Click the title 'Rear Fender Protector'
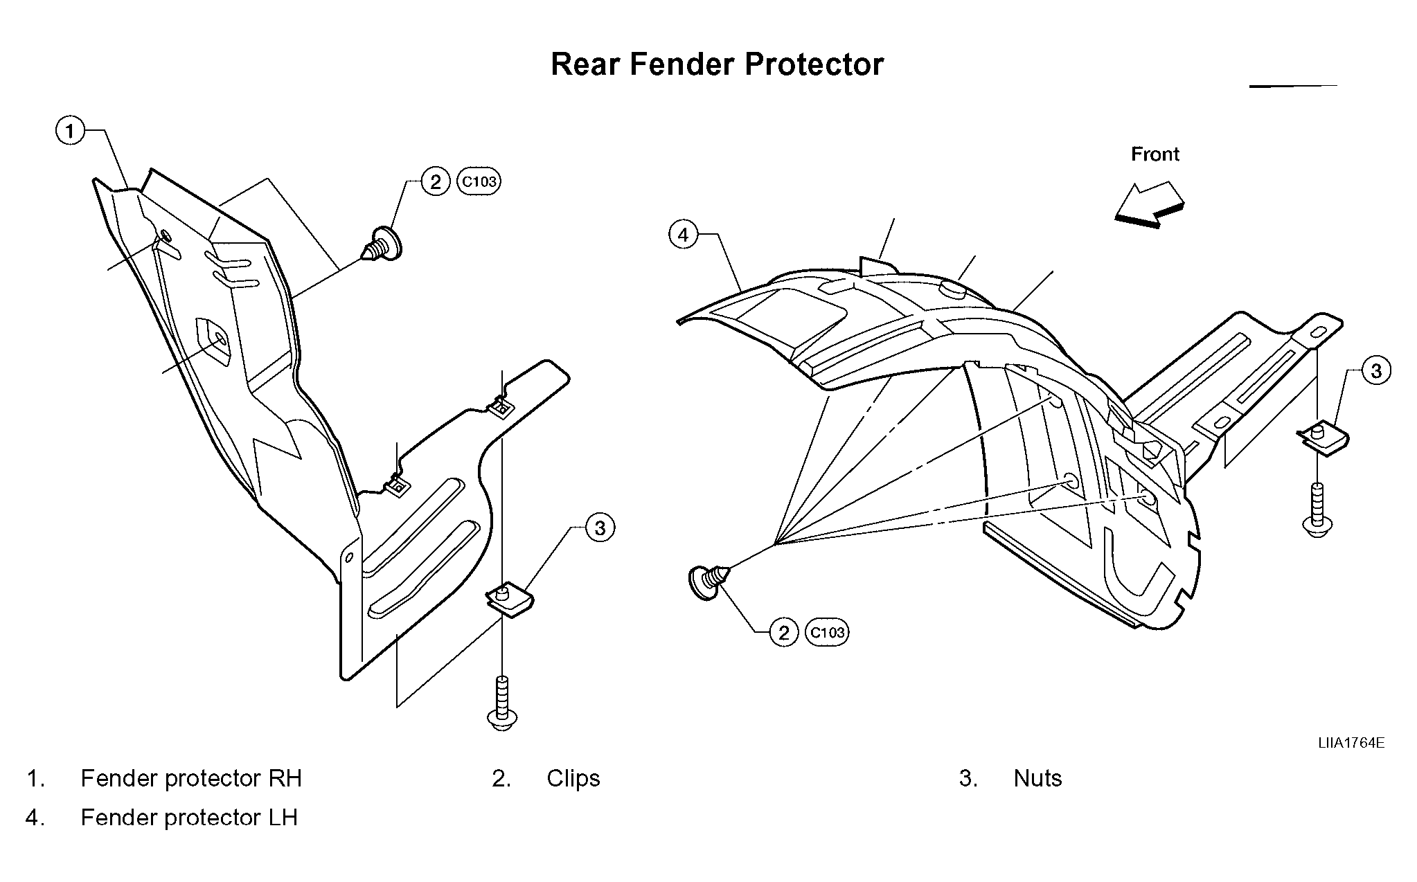pos(717,64)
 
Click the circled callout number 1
pos(70,130)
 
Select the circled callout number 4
pos(684,235)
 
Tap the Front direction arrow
pos(1150,205)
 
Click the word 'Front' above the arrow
pos(1155,154)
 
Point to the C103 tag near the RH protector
pos(479,182)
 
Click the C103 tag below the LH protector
pos(828,633)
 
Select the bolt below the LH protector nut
pos(1317,509)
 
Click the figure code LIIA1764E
pos(1351,744)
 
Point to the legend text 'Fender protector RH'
pos(191,779)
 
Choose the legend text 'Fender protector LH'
pos(189,818)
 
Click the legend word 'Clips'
pos(573,779)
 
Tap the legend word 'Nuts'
pos(1037,779)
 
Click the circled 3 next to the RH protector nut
pos(600,528)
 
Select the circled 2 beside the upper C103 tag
pos(436,182)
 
